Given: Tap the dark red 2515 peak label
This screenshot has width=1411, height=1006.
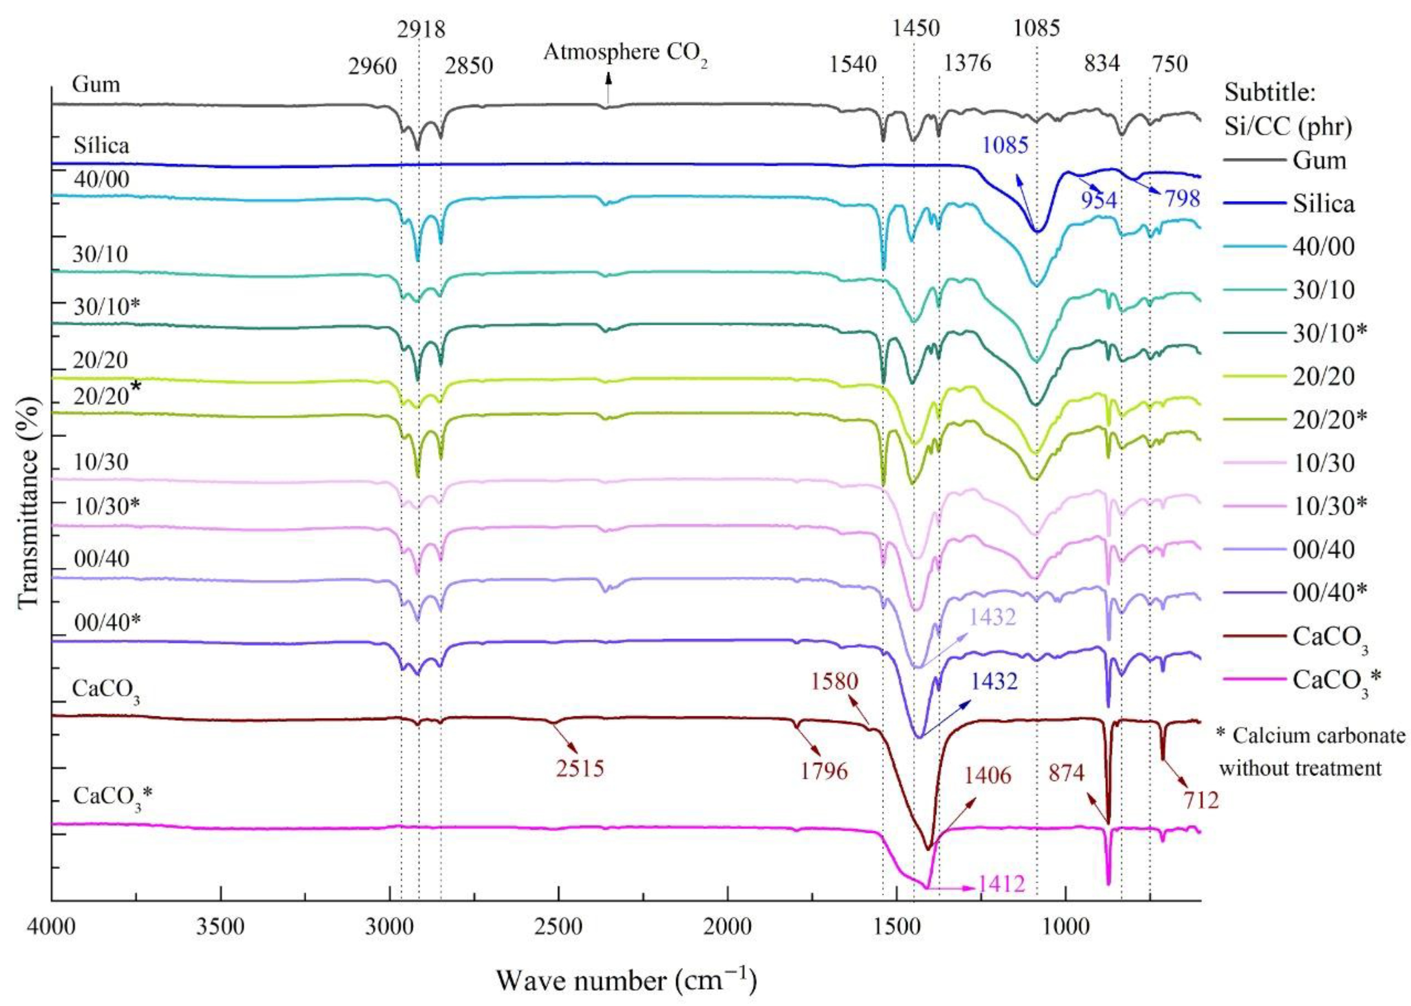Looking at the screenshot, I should click(x=580, y=769).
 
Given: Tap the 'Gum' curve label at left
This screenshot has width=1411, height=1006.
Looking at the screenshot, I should click(x=96, y=84).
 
